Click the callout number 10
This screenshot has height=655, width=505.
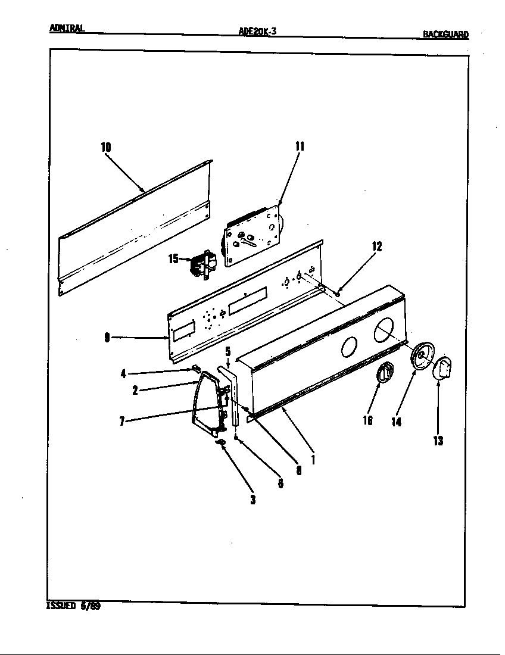tap(106, 147)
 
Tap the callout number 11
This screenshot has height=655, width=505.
tap(300, 146)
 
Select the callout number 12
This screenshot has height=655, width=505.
tap(376, 247)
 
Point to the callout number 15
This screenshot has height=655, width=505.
tap(173, 259)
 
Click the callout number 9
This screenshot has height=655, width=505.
tap(107, 338)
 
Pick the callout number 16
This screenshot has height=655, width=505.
tap(367, 420)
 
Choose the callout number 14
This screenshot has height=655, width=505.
tap(396, 422)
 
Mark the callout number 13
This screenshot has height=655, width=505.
tap(438, 441)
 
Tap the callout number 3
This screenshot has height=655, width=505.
tap(253, 500)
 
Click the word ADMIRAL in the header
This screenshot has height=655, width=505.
tap(67, 28)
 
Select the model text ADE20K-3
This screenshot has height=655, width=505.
tap(257, 33)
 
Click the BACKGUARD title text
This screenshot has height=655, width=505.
tap(445, 35)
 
